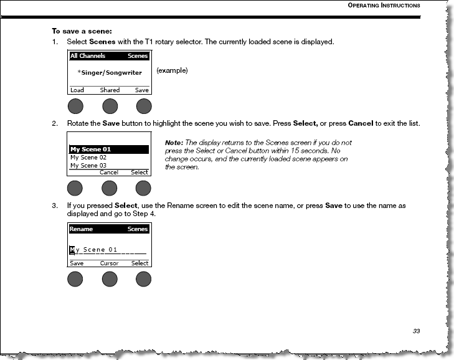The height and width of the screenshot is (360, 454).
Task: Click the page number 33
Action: point(416,331)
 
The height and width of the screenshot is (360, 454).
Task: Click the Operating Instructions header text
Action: point(383,6)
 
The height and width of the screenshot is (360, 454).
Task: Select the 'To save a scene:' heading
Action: point(82,31)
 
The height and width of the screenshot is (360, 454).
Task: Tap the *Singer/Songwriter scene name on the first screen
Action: point(110,73)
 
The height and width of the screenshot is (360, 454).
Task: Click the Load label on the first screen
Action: point(77,90)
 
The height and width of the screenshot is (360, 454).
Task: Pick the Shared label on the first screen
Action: point(110,90)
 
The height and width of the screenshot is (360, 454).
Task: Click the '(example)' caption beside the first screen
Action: point(172,70)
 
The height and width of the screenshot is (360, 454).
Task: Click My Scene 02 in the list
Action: point(84,158)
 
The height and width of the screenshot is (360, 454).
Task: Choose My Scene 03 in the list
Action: point(84,166)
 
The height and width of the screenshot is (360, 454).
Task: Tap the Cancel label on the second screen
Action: point(109,173)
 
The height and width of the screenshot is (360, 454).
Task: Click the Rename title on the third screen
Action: point(80,229)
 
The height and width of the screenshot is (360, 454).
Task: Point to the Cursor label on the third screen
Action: point(110,263)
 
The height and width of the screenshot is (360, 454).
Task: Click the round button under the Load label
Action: point(76,106)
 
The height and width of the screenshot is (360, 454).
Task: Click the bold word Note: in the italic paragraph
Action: point(174,143)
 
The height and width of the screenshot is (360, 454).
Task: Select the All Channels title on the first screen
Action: point(88,56)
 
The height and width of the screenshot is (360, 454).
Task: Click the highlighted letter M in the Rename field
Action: point(72,250)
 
